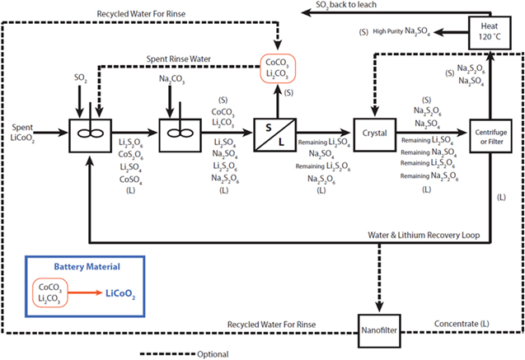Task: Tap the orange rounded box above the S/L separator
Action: pos(279,68)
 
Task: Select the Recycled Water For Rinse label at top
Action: pos(143,14)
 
